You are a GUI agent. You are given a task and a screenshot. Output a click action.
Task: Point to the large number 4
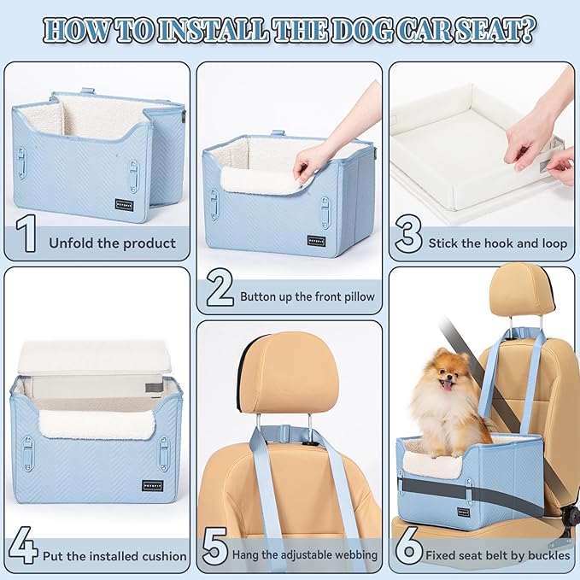pyautogui.click(x=25, y=548)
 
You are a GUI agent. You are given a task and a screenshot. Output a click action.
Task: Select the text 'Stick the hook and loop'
pyautogui.click(x=498, y=243)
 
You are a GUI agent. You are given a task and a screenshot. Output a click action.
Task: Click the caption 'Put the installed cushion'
pyautogui.click(x=114, y=555)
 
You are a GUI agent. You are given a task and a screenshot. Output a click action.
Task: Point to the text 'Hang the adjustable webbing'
pyautogui.click(x=305, y=555)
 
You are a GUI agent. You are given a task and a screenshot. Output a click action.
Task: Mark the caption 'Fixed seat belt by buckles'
pyautogui.click(x=498, y=555)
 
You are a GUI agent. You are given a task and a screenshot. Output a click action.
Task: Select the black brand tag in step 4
pyautogui.click(x=152, y=485)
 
